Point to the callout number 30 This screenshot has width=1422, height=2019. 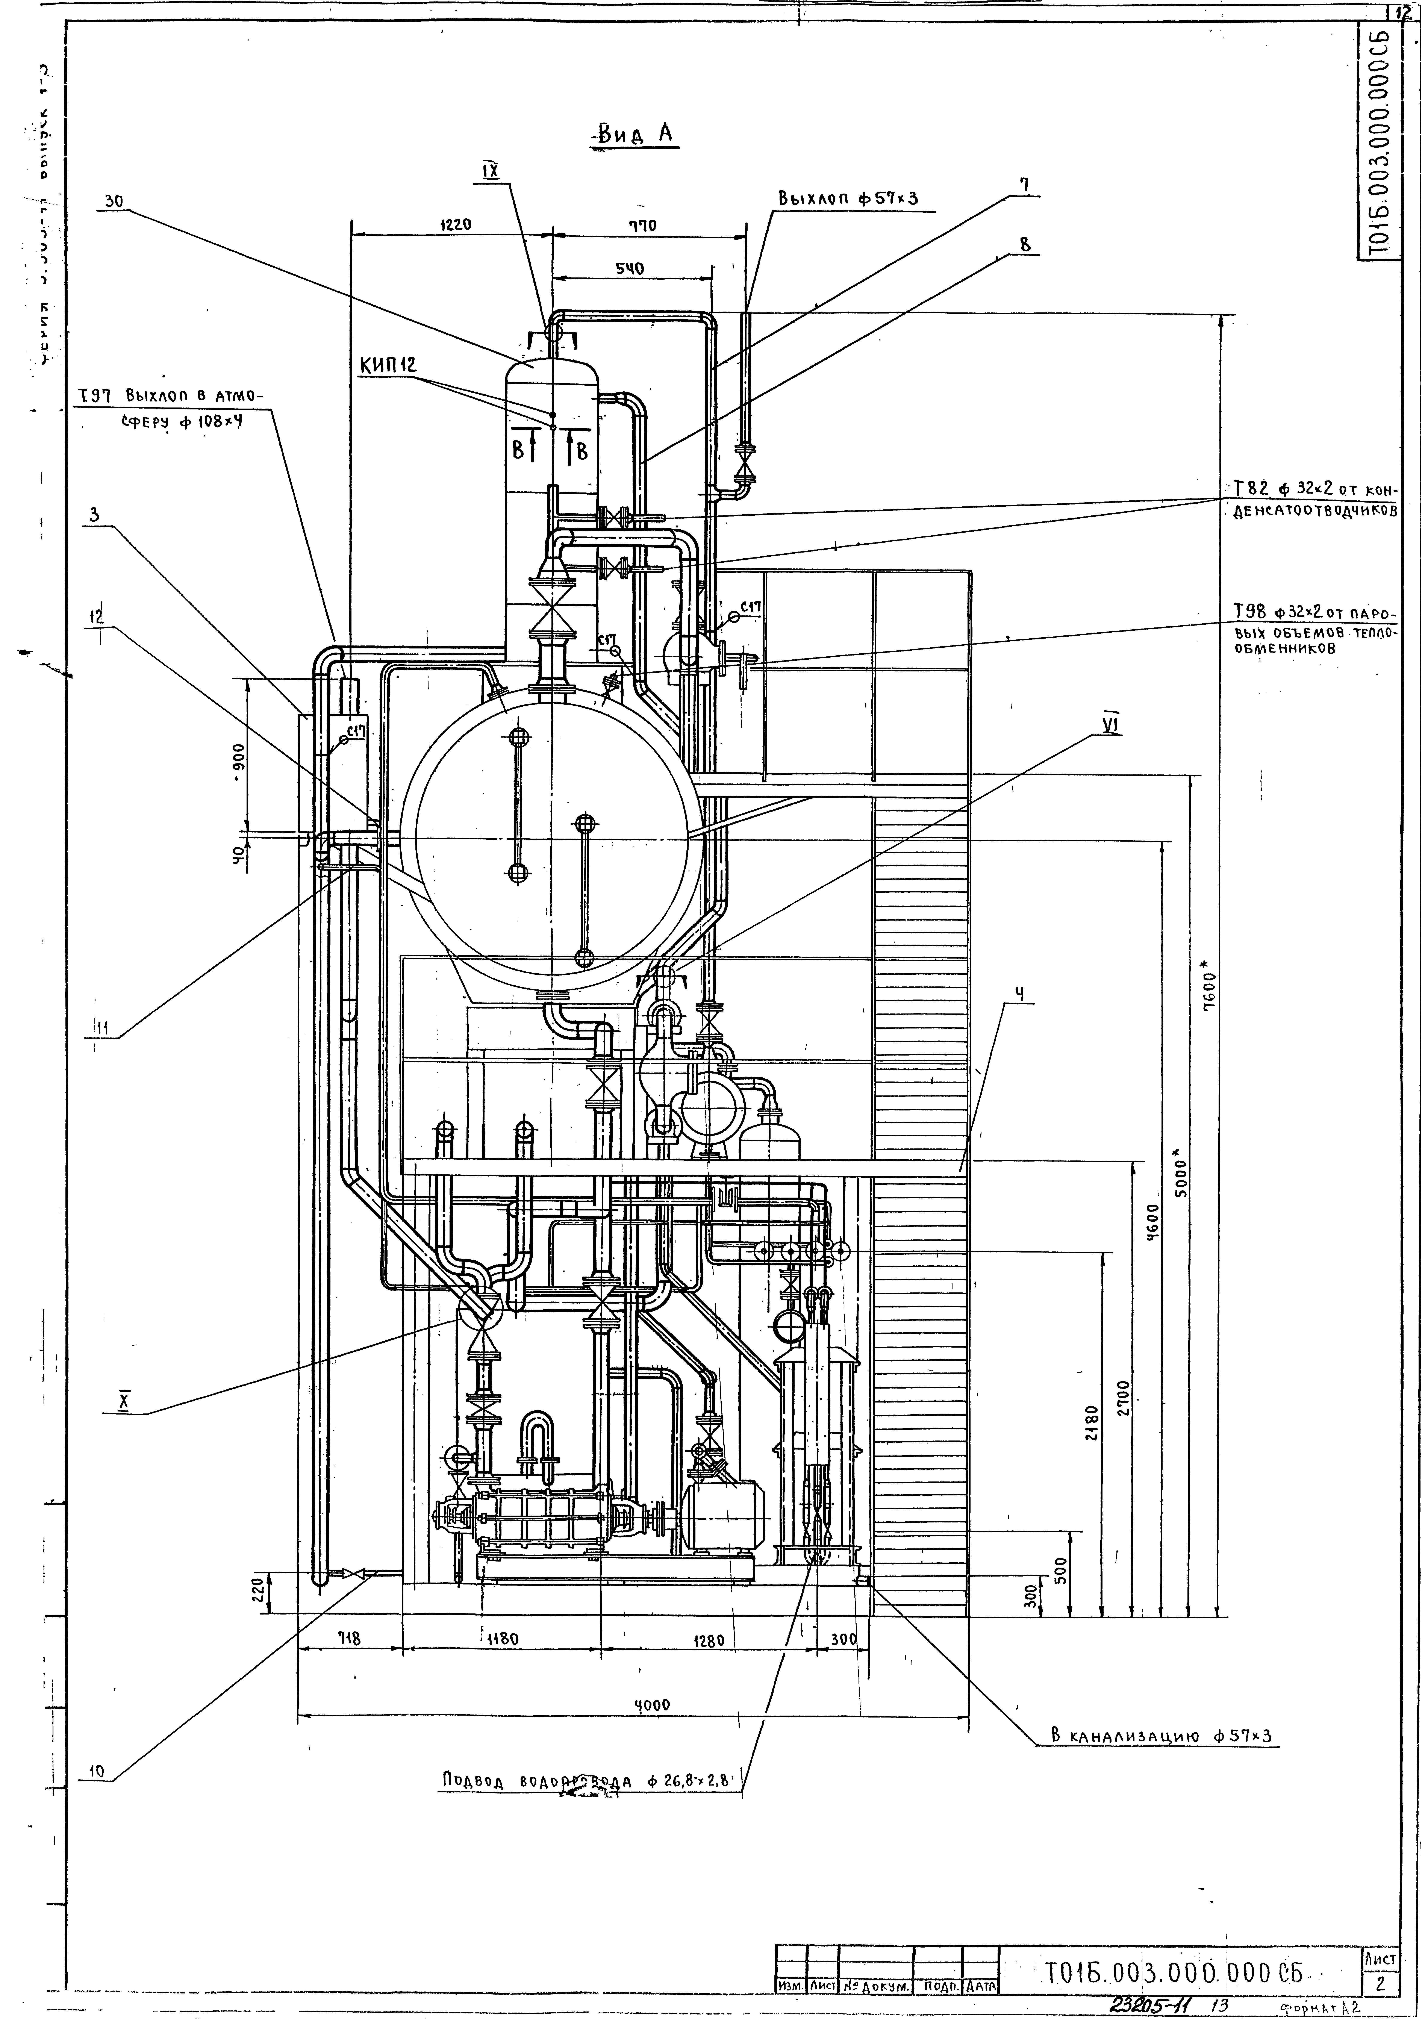114,200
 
